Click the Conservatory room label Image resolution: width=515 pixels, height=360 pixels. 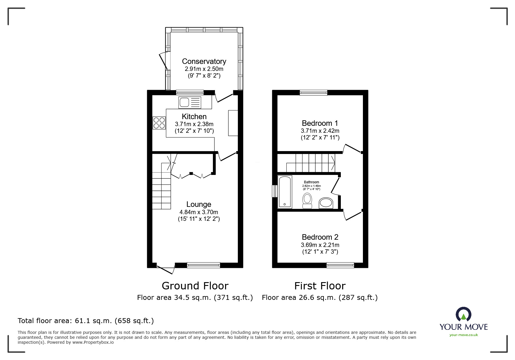point(204,61)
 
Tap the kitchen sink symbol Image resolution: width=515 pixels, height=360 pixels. point(190,103)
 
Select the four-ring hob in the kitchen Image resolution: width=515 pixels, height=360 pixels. point(159,123)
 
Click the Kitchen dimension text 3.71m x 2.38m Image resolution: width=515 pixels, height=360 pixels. point(194,124)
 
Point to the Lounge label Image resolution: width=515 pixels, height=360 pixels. point(199,204)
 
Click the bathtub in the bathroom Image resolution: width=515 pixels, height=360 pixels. point(285,192)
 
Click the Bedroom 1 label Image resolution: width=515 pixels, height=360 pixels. point(320,123)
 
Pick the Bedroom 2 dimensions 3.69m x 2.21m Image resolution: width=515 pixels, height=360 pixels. point(320,245)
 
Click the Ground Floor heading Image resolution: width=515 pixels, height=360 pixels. point(195,286)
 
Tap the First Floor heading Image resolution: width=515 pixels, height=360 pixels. point(320,286)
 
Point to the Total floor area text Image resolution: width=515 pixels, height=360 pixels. point(85,321)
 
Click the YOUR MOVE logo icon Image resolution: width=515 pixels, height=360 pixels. point(463,315)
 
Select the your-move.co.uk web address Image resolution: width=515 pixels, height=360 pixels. point(464,335)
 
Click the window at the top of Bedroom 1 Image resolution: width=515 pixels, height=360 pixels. point(313,93)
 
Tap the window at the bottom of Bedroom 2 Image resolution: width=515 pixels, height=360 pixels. point(340,265)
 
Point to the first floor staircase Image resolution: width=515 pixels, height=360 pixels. point(311,163)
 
